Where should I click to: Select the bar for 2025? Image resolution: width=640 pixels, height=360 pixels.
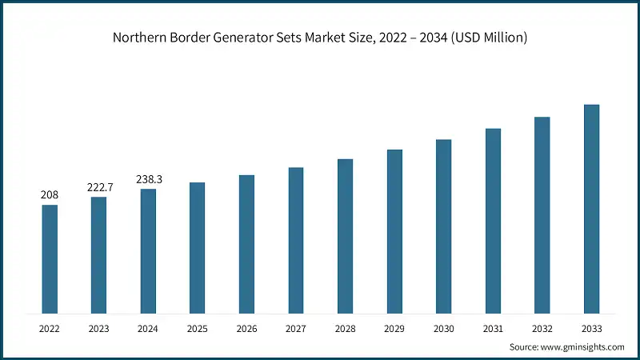(197, 247)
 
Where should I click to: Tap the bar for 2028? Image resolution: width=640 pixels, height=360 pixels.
(345, 236)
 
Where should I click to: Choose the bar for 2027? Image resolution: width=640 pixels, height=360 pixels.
(296, 240)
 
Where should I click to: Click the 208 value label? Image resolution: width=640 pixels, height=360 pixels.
(50, 194)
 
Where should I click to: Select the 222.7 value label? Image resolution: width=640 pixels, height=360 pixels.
(99, 186)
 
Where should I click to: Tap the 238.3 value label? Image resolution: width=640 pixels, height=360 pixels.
(148, 178)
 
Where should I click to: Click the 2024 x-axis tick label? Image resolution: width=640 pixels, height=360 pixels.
(148, 328)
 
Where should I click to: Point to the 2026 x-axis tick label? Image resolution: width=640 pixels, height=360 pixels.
(246, 328)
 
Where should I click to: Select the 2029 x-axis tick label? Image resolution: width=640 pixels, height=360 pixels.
(394, 328)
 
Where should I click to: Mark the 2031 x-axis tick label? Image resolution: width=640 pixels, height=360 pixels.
(493, 328)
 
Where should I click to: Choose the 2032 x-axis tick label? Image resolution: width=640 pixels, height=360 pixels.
(542, 328)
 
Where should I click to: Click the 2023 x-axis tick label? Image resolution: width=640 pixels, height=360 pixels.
(99, 328)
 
